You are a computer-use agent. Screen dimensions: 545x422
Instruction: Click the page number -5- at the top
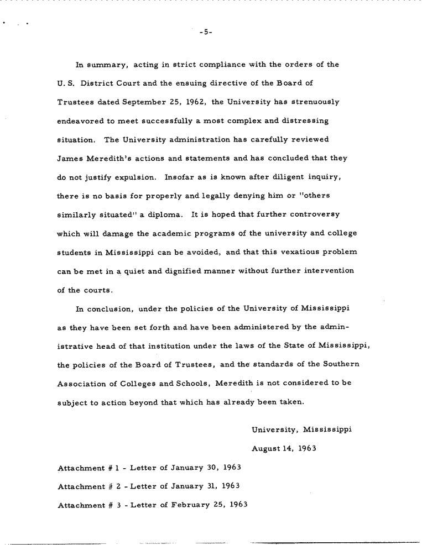pos(205,33)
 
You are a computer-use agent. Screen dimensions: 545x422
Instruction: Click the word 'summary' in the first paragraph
pos(103,65)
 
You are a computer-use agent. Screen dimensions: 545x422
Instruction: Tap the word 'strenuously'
pos(313,102)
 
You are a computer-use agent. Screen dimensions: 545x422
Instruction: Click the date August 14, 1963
pos(283,448)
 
